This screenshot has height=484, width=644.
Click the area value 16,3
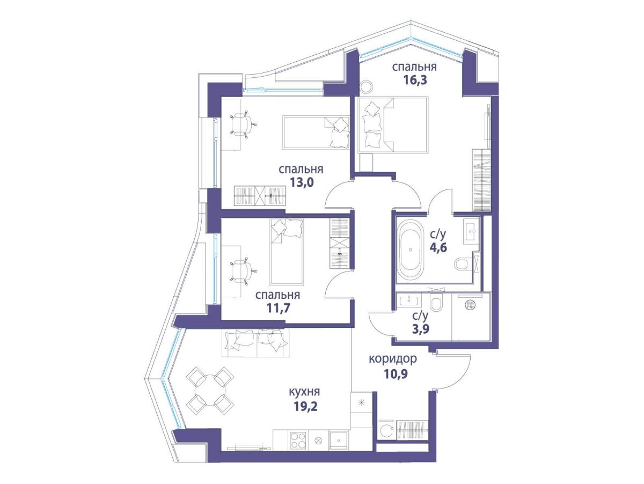pyautogui.click(x=414, y=80)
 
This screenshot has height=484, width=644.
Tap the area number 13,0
pyautogui.click(x=301, y=182)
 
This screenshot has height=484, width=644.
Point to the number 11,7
pyautogui.click(x=278, y=308)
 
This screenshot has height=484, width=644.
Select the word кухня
pyautogui.click(x=304, y=392)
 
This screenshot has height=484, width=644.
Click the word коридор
pyautogui.click(x=392, y=359)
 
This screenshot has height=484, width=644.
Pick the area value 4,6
pyautogui.click(x=438, y=247)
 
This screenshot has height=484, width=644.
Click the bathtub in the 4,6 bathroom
pyautogui.click(x=411, y=250)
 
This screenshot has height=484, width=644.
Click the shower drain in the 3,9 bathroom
pyautogui.click(x=470, y=304)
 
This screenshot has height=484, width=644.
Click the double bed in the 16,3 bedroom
pyautogui.click(x=393, y=124)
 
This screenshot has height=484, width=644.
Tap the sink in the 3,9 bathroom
pyautogui.click(x=408, y=300)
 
